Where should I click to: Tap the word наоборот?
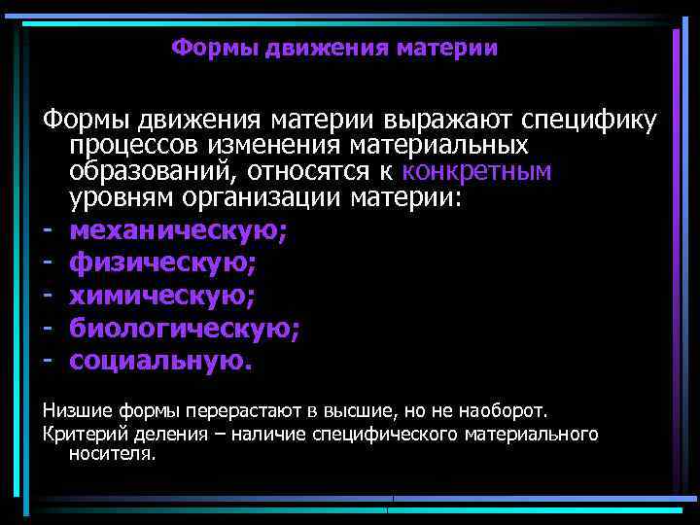507,408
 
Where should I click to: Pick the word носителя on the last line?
112,453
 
